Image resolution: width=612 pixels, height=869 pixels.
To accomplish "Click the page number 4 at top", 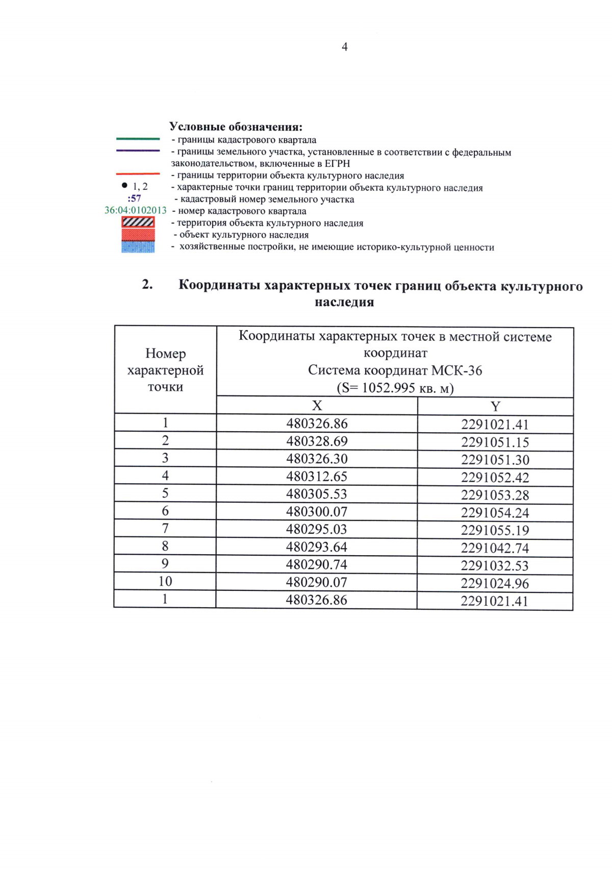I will click(x=345, y=47).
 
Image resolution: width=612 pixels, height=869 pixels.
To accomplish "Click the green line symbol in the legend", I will click(x=138, y=139).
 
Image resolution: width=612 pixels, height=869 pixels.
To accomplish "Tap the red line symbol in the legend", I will click(x=138, y=175).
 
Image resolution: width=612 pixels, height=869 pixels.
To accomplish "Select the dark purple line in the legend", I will click(x=138, y=151).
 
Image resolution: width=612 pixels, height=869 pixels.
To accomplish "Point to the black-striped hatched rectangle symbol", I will click(x=138, y=222).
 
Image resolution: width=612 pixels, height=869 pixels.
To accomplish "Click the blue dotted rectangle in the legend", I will click(x=138, y=247).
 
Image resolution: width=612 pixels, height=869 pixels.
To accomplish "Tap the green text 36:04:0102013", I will click(x=136, y=210).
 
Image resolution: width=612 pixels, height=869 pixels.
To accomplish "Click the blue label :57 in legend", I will click(x=135, y=198).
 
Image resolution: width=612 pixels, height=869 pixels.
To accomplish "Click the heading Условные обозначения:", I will click(x=236, y=127).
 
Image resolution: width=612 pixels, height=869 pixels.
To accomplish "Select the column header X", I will click(x=317, y=406).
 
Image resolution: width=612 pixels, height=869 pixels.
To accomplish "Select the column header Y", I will click(x=495, y=407).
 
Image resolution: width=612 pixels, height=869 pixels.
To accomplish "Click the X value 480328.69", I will click(x=317, y=441).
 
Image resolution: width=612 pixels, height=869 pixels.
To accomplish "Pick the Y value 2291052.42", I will click(x=495, y=478).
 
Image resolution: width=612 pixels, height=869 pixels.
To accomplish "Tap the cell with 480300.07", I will click(x=317, y=511).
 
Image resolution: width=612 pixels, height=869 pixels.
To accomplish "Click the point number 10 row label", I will click(x=165, y=581).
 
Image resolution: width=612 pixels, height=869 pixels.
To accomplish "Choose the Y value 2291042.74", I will click(x=495, y=548).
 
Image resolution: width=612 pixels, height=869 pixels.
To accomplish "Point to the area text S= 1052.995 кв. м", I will click(x=395, y=388).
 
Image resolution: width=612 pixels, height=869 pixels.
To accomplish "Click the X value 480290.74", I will click(x=317, y=564).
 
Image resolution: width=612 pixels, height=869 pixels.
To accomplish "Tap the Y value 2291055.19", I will click(x=495, y=531).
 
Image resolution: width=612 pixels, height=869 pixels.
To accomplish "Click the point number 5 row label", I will click(x=165, y=493).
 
